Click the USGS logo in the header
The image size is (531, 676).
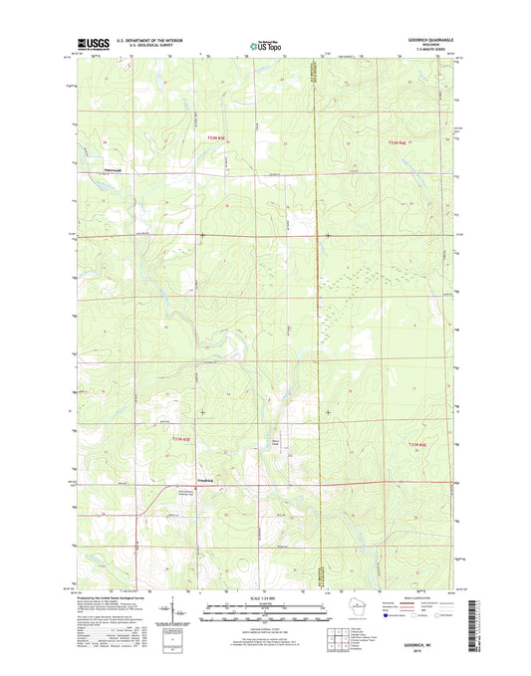pos(92,44)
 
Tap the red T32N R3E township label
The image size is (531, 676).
pos(217,139)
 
